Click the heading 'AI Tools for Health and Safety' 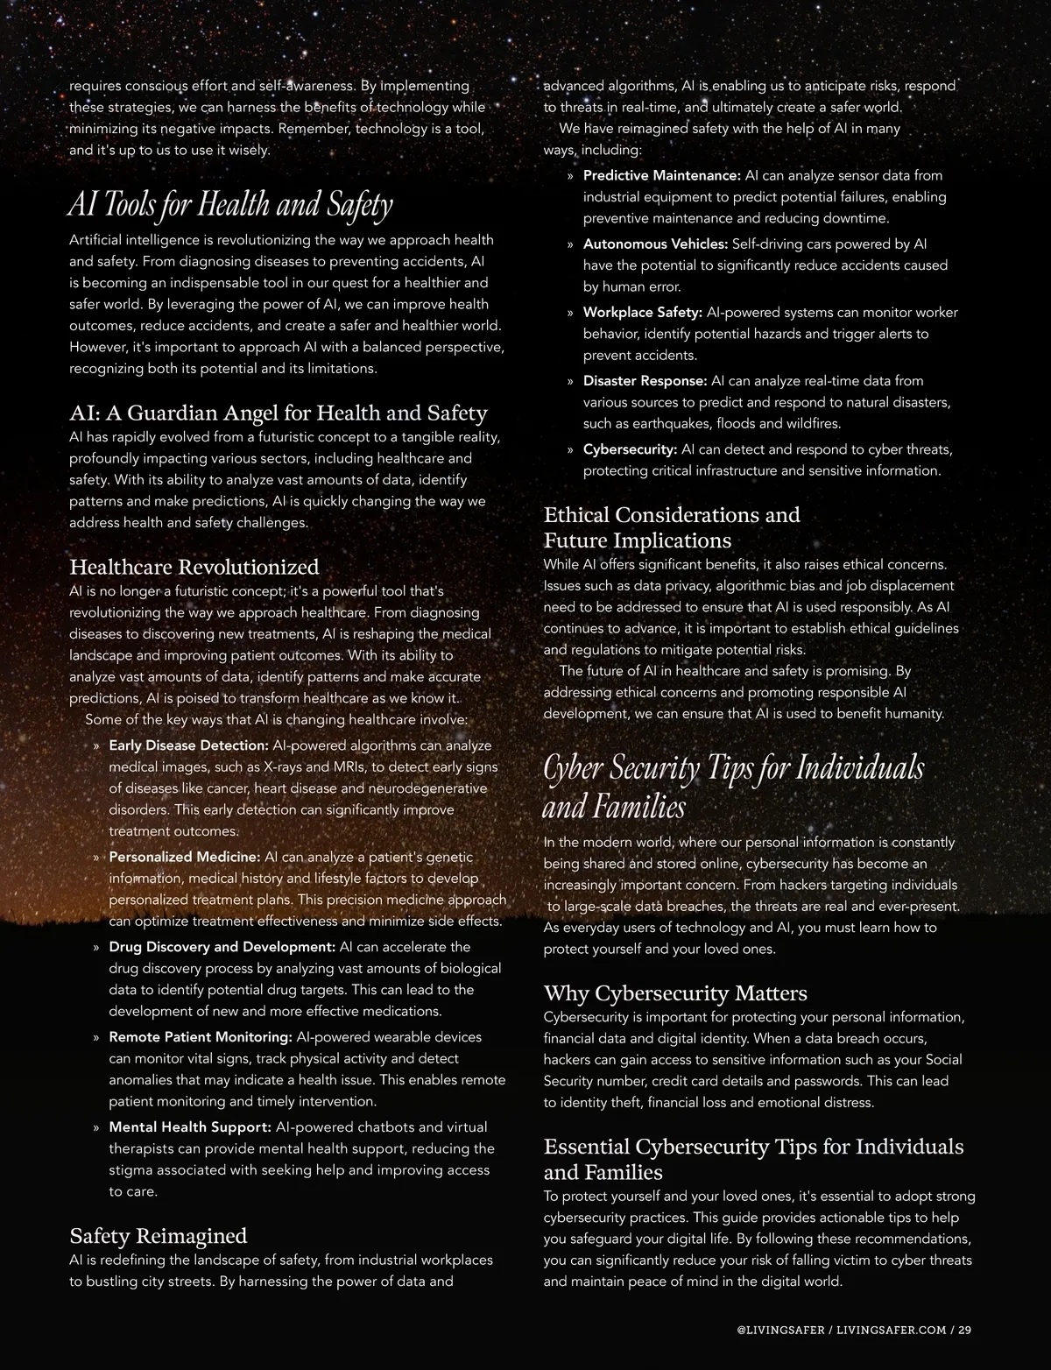pyautogui.click(x=230, y=204)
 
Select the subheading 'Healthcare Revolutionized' pyautogui.click(x=194, y=567)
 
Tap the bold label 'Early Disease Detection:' pyautogui.click(x=188, y=745)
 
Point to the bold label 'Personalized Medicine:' pyautogui.click(x=184, y=857)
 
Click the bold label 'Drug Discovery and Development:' pyautogui.click(x=222, y=947)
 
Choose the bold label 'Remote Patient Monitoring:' pyautogui.click(x=200, y=1037)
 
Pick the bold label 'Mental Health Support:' pyautogui.click(x=189, y=1126)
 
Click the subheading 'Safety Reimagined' pyautogui.click(x=158, y=1236)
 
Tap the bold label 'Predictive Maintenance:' pyautogui.click(x=662, y=175)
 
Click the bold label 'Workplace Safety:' pyautogui.click(x=643, y=313)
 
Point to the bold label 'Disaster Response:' pyautogui.click(x=645, y=381)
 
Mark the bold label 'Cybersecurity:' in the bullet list pyautogui.click(x=630, y=449)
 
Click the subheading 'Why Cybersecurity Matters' pyautogui.click(x=675, y=993)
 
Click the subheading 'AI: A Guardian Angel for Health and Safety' pyautogui.click(x=279, y=413)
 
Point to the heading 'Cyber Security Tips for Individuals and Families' pyautogui.click(x=733, y=786)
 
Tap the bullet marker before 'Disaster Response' pyautogui.click(x=570, y=382)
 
